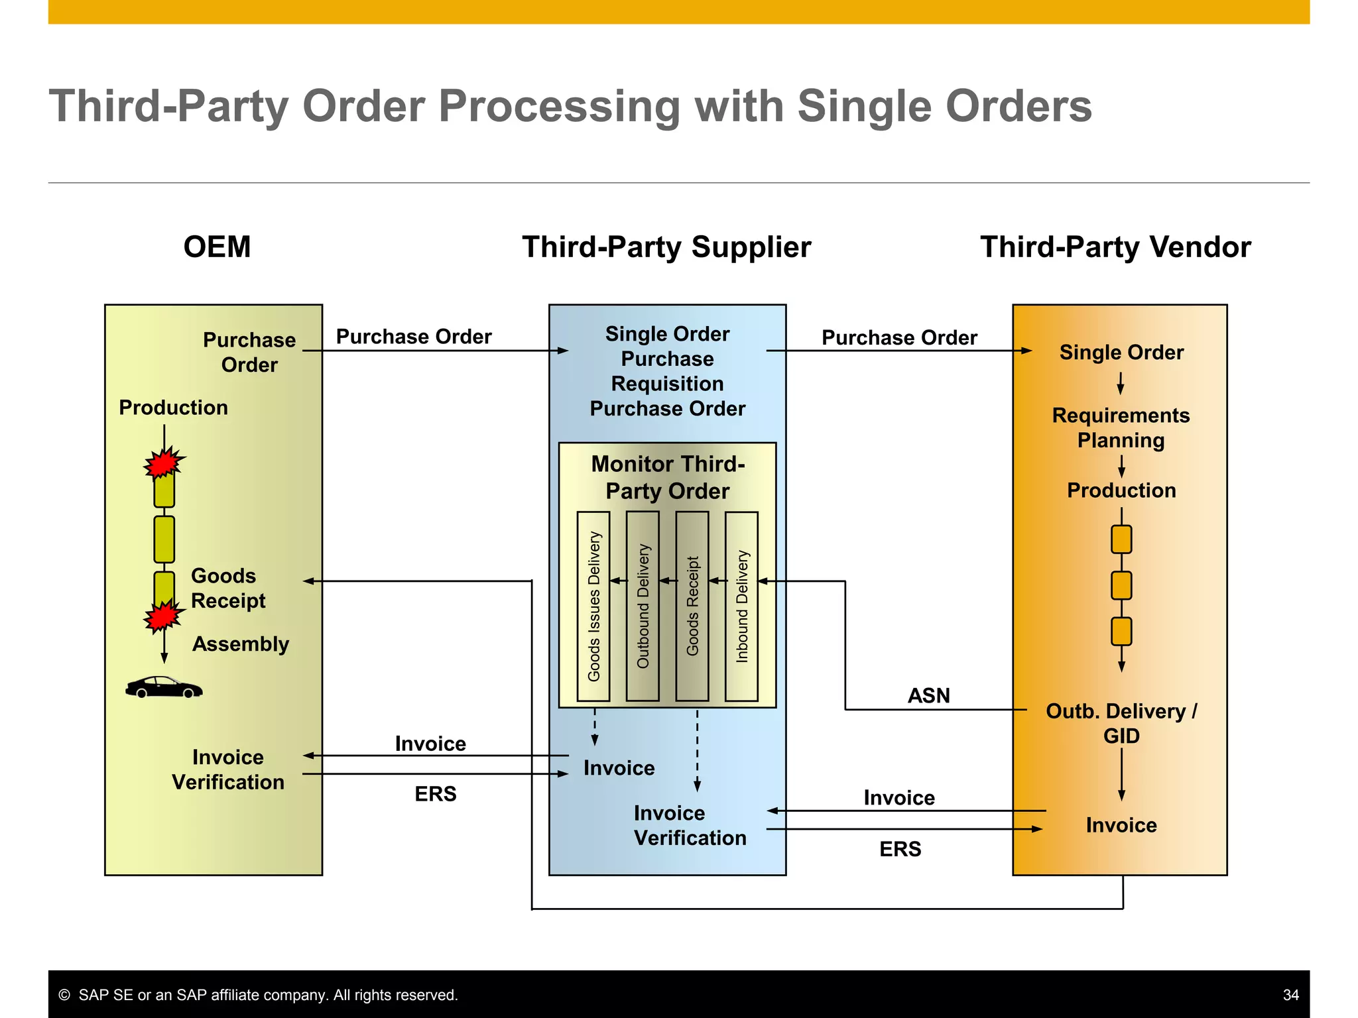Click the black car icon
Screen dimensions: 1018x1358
[164, 687]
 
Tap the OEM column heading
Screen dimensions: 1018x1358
[217, 247]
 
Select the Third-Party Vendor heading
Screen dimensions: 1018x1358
[1115, 247]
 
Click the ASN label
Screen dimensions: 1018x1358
[928, 695]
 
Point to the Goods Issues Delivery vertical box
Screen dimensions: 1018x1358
[593, 606]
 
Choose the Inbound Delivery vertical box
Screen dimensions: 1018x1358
[741, 606]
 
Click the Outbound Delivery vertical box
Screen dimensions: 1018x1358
[643, 606]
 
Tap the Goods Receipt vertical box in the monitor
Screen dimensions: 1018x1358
[692, 606]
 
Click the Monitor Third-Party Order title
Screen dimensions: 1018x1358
[668, 477]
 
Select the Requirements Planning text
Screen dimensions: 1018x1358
[1121, 427]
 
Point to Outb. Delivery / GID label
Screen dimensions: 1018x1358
[1121, 723]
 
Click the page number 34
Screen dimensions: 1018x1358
[1290, 995]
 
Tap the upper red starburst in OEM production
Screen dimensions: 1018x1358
[163, 462]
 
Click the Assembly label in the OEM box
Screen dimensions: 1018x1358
[241, 644]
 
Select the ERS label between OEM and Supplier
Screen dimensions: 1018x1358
[436, 793]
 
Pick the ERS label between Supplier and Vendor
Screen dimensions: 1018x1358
[900, 849]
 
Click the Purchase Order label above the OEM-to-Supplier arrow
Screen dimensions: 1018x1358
[414, 337]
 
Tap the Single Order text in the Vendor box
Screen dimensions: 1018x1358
[1121, 352]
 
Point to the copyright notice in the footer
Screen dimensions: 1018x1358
[259, 995]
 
